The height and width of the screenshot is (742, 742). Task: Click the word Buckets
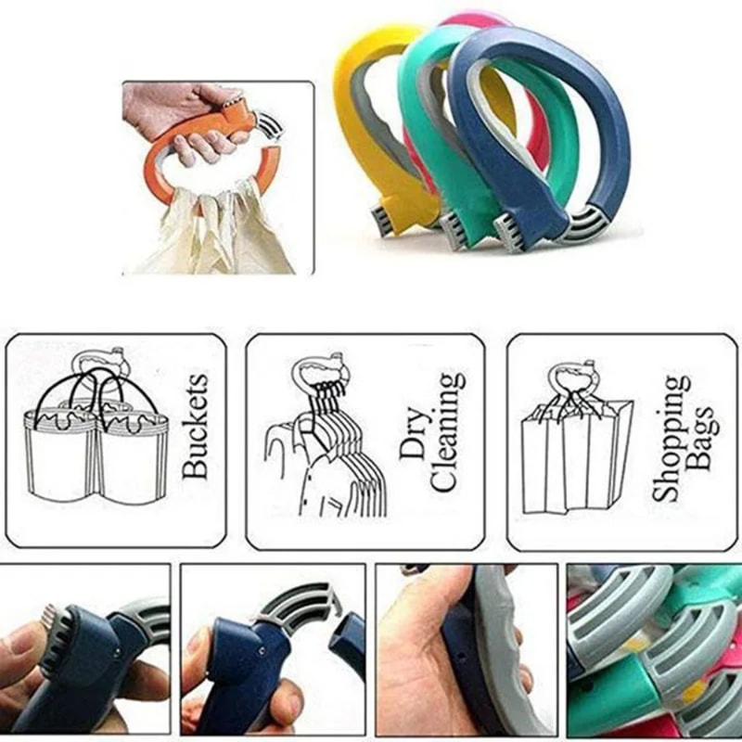[196, 426]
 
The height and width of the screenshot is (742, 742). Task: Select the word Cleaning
[447, 432]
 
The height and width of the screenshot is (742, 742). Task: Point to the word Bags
[703, 440]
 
